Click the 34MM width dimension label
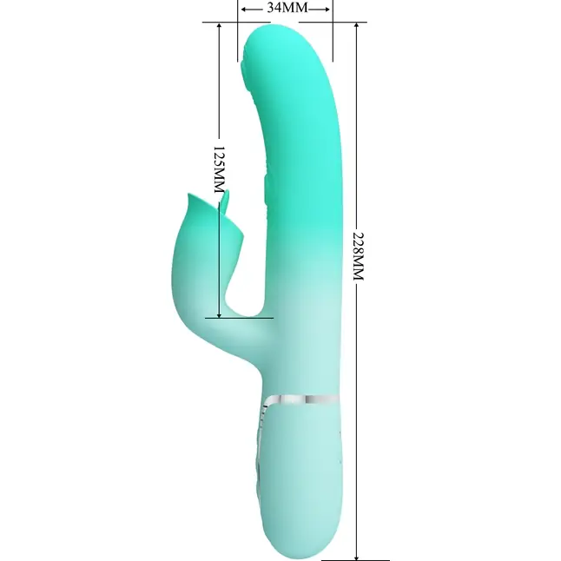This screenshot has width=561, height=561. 287,8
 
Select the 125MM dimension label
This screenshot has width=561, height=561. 220,169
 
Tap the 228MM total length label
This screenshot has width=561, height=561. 358,256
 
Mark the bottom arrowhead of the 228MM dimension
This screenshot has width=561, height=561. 356,556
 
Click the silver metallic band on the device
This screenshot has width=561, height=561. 303,399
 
